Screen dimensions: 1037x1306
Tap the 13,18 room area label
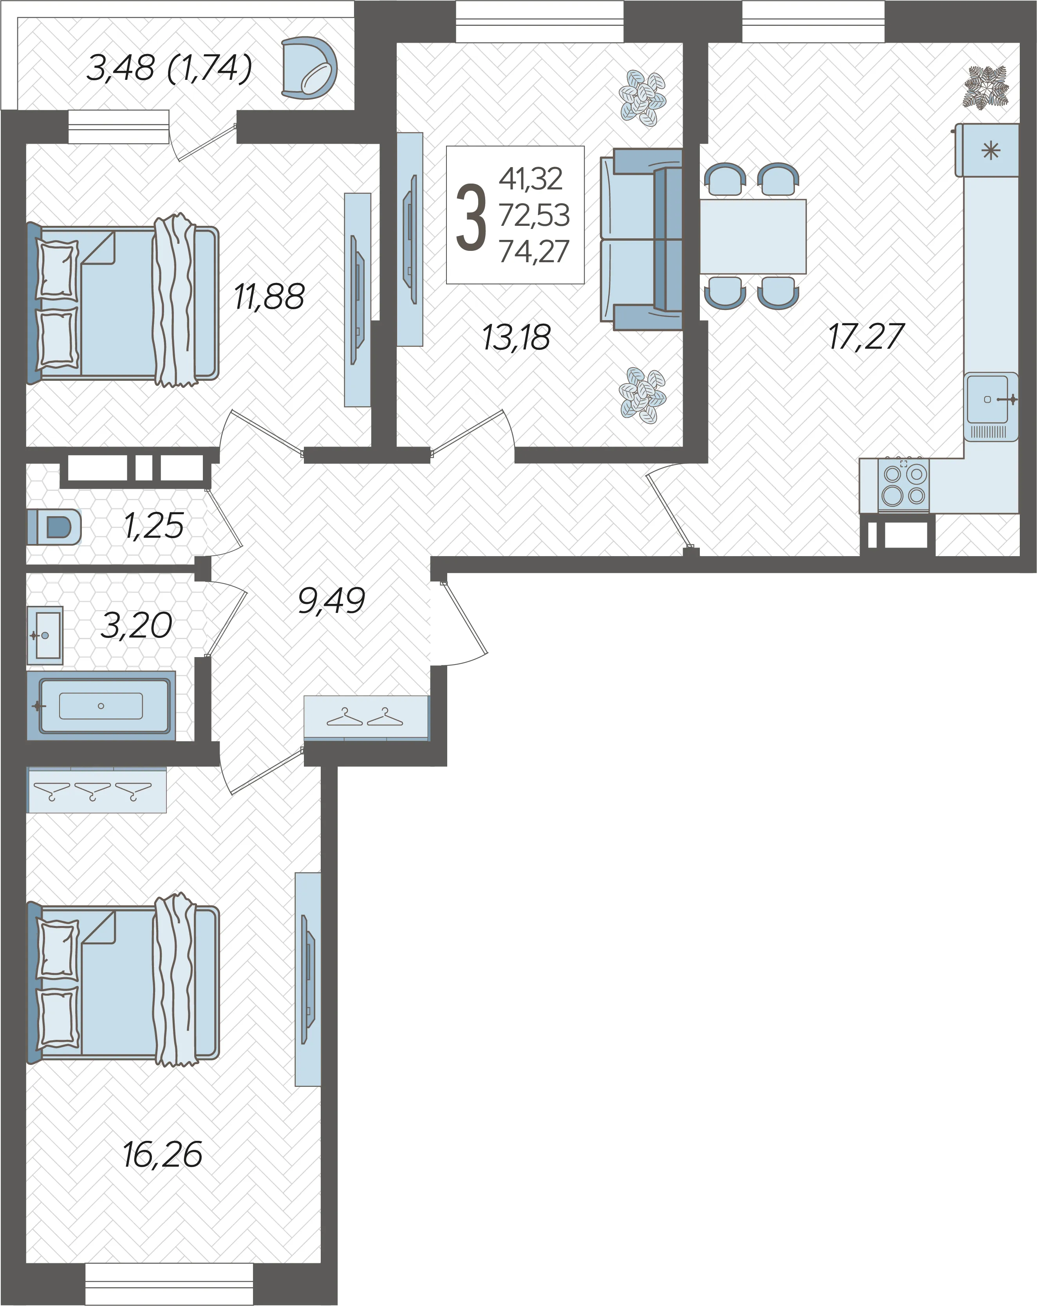(x=517, y=337)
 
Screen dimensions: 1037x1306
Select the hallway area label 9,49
(x=332, y=601)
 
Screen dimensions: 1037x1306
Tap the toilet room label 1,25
(x=154, y=525)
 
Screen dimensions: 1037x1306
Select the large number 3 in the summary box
(x=471, y=218)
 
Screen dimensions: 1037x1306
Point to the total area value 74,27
(x=534, y=251)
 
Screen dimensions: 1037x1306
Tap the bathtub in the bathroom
(x=101, y=706)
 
